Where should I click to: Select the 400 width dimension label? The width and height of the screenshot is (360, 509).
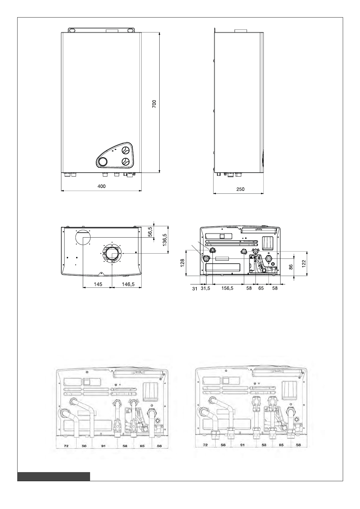point(102,186)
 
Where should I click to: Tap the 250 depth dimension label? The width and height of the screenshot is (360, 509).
point(240,189)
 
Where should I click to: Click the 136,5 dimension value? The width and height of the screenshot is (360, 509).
point(165,239)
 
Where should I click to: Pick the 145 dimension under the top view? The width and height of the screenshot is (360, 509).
point(98,284)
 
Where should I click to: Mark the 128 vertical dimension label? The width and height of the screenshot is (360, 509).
point(182,263)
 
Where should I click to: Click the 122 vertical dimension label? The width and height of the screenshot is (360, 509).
point(304,263)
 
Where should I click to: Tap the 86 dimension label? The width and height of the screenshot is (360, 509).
point(291,267)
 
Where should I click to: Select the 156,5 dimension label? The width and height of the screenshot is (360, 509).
point(227,288)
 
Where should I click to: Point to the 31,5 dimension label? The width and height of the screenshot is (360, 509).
point(205,288)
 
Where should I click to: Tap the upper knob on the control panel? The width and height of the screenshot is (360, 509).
point(126,151)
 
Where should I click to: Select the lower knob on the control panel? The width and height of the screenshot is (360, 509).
point(126,162)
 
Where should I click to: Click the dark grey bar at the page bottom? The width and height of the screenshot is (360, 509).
point(54,476)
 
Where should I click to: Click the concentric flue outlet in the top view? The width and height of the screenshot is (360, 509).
point(112,253)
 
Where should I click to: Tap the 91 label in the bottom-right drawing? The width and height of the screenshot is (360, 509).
point(242,445)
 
